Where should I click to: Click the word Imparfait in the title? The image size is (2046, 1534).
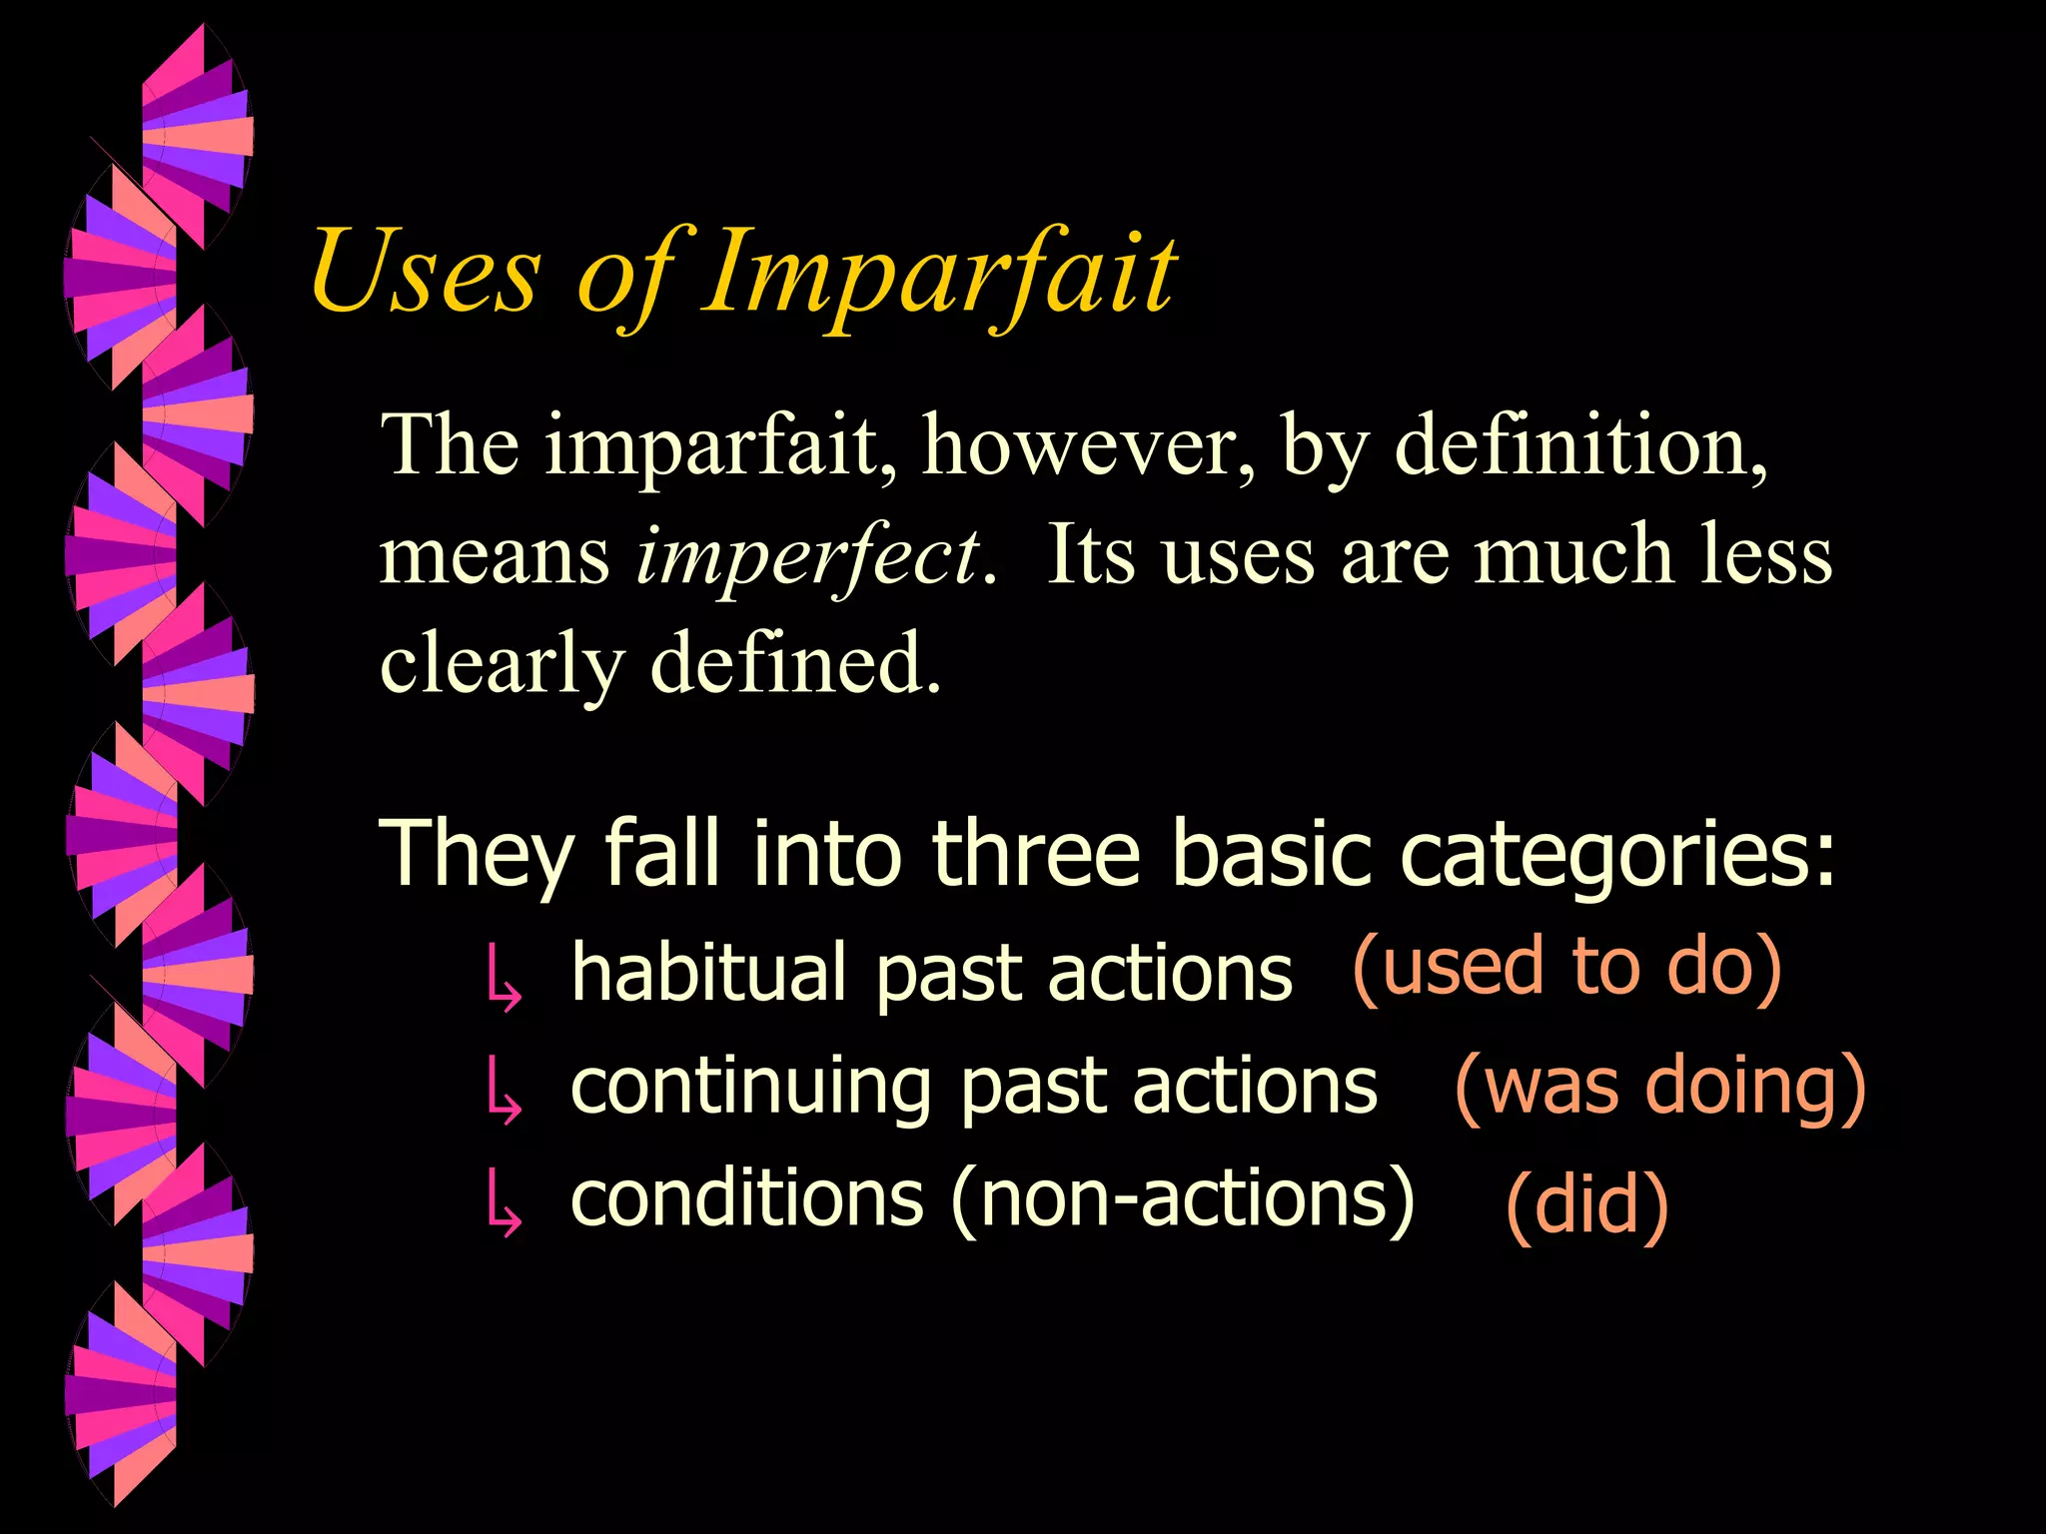tap(939, 272)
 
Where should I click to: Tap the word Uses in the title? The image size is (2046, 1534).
tap(426, 272)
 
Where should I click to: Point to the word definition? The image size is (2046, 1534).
tap(1579, 445)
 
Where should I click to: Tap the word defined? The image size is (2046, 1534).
tap(795, 662)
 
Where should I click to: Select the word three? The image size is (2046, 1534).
tap(1036, 853)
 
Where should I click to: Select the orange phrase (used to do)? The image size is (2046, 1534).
tap(1566, 968)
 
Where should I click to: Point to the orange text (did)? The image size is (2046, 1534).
tap(1586, 1205)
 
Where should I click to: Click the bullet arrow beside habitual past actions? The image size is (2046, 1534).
tap(503, 978)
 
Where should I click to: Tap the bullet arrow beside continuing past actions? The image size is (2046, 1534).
tap(503, 1093)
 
